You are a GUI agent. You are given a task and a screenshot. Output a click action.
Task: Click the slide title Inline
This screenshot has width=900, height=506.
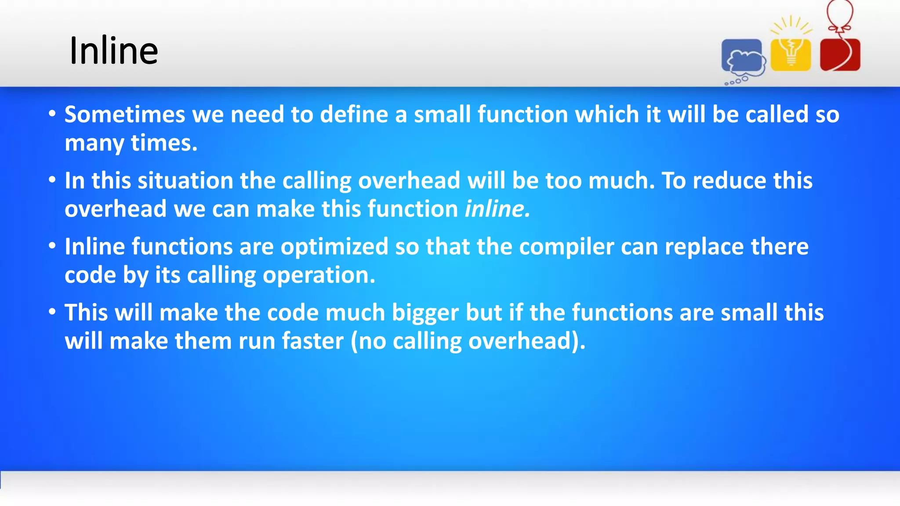click(x=113, y=51)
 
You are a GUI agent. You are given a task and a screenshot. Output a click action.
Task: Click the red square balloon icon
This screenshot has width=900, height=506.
click(x=840, y=55)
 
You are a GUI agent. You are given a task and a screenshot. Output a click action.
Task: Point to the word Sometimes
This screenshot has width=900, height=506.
click(x=125, y=115)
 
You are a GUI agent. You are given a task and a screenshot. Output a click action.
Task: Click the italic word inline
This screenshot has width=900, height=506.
click(x=497, y=209)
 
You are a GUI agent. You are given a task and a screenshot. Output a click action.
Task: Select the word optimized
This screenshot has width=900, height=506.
click(x=334, y=247)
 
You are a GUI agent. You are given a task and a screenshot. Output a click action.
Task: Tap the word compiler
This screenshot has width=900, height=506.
click(x=566, y=247)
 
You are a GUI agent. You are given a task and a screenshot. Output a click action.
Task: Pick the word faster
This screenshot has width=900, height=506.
click(x=312, y=341)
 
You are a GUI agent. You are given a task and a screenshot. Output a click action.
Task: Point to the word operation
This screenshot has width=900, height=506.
click(x=319, y=275)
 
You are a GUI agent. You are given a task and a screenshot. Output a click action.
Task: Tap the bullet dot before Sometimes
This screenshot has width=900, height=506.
click(x=52, y=114)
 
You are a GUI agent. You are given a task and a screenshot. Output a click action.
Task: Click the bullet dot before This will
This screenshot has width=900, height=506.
click(x=52, y=312)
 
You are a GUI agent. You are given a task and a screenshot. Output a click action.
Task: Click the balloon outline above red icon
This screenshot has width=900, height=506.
click(x=840, y=13)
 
